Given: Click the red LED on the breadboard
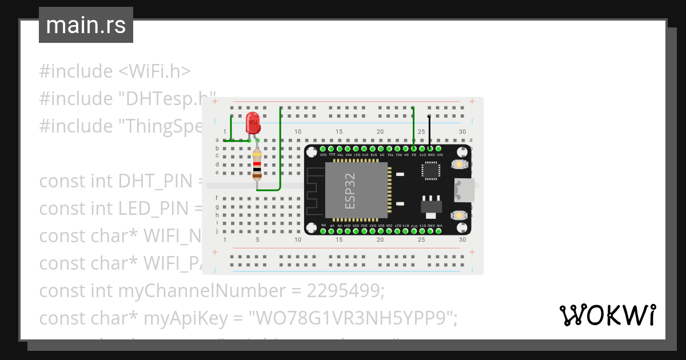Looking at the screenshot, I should pyautogui.click(x=252, y=122).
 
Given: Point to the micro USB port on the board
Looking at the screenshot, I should pyautogui.click(x=463, y=190).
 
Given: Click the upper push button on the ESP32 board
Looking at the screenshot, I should pyautogui.click(x=458, y=165).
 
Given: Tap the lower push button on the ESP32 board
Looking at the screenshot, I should pyautogui.click(x=458, y=215).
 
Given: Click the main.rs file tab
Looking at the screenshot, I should pyautogui.click(x=86, y=25).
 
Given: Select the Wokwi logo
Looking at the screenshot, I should pyautogui.click(x=607, y=315).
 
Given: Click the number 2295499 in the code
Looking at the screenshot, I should pyautogui.click(x=346, y=291).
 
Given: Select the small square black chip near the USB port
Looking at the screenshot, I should pyautogui.click(x=430, y=170).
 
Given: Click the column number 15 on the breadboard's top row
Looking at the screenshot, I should pyautogui.click(x=339, y=132).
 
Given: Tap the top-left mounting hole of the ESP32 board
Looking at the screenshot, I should pyautogui.click(x=312, y=153).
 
